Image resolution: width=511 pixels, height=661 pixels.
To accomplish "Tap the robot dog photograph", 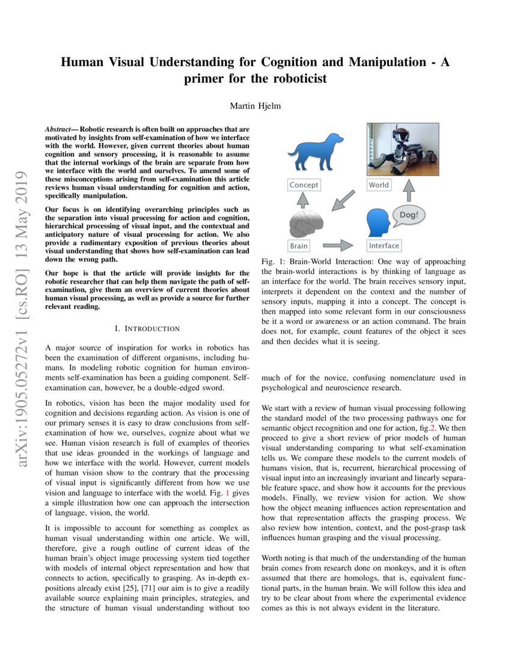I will [x=402, y=150].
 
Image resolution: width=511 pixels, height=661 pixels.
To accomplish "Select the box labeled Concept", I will [x=304, y=185].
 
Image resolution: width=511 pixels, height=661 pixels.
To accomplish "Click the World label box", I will [x=379, y=185].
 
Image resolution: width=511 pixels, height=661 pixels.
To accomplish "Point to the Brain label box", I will [x=299, y=246].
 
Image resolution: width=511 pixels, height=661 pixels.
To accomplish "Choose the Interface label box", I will [x=384, y=246].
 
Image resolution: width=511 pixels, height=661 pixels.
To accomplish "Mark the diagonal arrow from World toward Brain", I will [x=343, y=201].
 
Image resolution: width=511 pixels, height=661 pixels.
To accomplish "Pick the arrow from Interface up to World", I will [x=409, y=190].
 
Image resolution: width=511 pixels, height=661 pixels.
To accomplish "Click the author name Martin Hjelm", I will [x=255, y=106].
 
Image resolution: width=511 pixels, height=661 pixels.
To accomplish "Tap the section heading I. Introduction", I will [x=147, y=328].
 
